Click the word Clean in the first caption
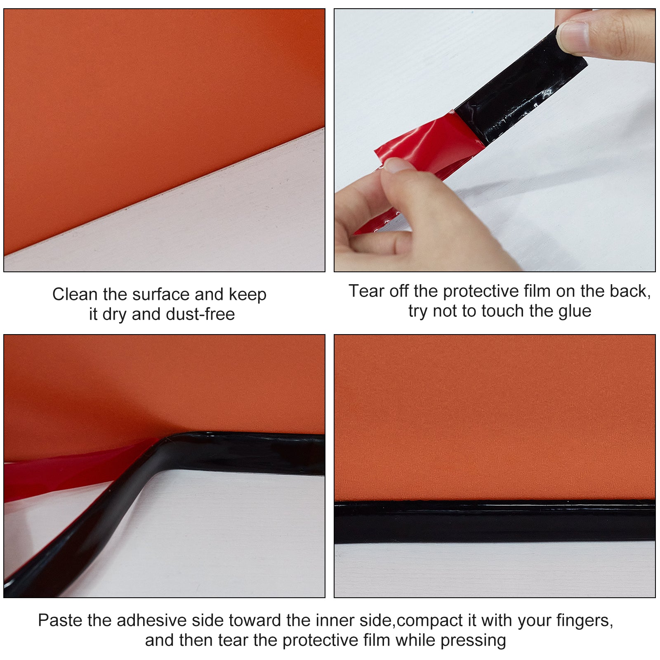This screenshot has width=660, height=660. [x=75, y=295]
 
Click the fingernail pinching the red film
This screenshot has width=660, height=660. [x=398, y=165]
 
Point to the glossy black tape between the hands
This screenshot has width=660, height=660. [x=520, y=87]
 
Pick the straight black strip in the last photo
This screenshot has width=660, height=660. [x=495, y=522]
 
